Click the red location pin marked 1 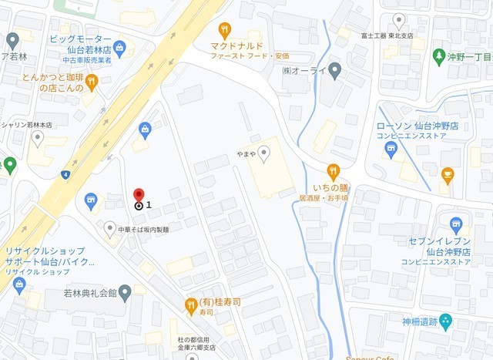(x=139, y=196)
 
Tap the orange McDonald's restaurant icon (x=224, y=31)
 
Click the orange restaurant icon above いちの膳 (x=333, y=171)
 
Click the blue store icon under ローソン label (x=391, y=149)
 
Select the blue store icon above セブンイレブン (x=457, y=226)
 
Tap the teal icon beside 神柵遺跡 (x=446, y=321)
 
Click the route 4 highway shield (x=67, y=175)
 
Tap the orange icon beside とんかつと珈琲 (x=92, y=81)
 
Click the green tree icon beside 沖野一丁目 (x=439, y=56)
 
